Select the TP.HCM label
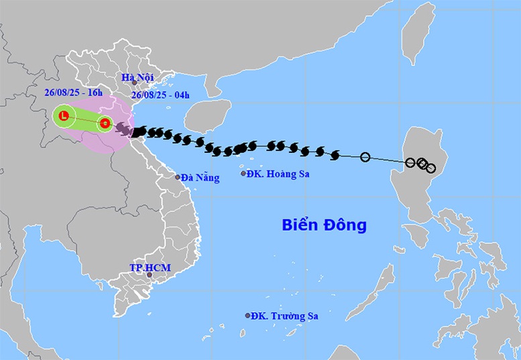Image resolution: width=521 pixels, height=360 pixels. pyautogui.click(x=150, y=267)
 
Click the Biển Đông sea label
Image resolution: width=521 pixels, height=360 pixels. pyautogui.click(x=323, y=225)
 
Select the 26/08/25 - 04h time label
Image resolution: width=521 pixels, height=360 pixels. pyautogui.click(x=162, y=95)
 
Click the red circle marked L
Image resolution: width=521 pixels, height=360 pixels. pyautogui.click(x=64, y=117)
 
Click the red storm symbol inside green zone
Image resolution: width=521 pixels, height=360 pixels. pyautogui.click(x=105, y=123)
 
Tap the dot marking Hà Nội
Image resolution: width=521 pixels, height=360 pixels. pyautogui.click(x=134, y=83)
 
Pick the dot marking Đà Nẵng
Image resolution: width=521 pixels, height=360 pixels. pyautogui.click(x=178, y=177)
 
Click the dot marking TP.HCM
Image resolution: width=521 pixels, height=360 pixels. pyautogui.click(x=150, y=275)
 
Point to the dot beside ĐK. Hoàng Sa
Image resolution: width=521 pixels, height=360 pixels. pyautogui.click(x=243, y=174)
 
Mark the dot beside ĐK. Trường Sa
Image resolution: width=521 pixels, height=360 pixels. pyautogui.click(x=248, y=315)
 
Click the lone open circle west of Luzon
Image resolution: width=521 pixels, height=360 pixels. pyautogui.click(x=365, y=158)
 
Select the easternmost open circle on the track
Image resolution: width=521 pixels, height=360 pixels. pyautogui.click(x=430, y=168)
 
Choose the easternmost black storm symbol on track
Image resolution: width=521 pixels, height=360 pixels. pyautogui.click(x=335, y=156)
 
